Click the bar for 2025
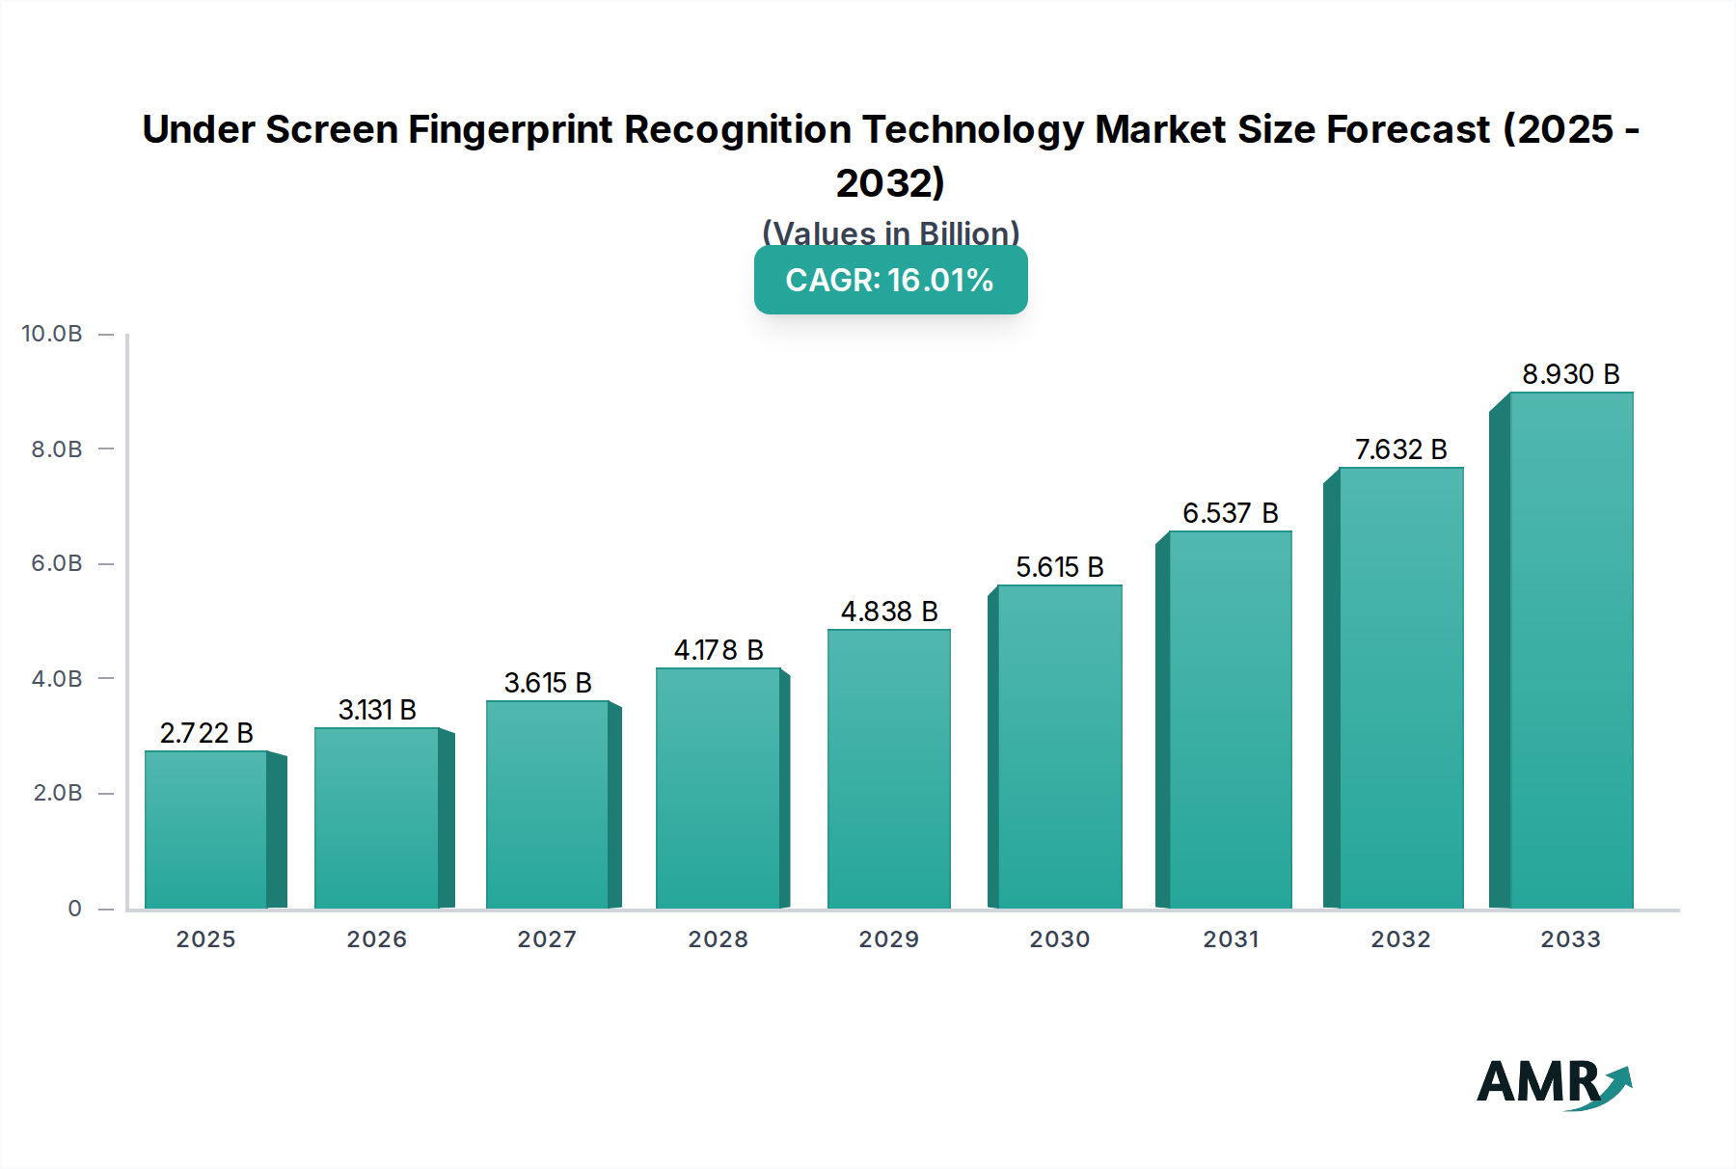(206, 829)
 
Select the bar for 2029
(888, 769)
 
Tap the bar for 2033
(1571, 650)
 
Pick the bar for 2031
(1230, 720)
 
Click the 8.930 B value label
(1570, 374)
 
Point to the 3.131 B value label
(377, 710)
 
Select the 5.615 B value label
(1059, 567)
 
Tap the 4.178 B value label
(719, 650)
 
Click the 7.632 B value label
(1400, 449)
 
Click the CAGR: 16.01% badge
(890, 281)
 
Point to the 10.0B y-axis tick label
(52, 334)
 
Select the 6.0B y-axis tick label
(57, 563)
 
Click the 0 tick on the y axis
(74, 909)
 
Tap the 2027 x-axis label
(547, 939)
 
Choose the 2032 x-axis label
(1400, 939)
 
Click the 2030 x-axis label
(1059, 939)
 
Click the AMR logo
(1553, 1083)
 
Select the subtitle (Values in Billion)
(890, 233)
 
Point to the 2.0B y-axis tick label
(57, 793)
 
